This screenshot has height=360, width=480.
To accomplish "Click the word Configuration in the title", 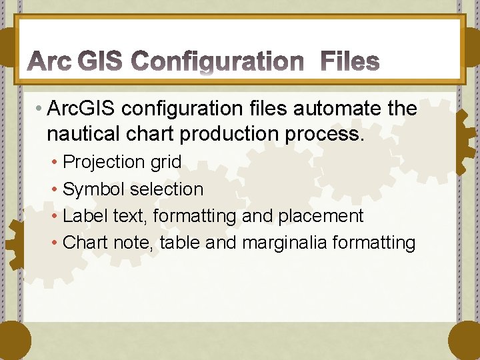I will pos(218,63).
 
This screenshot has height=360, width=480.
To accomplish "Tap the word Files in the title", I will pos(351,63).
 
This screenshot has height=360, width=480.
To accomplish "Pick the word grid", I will pos(165,162).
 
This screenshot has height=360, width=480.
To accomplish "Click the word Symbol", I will pos(93,189).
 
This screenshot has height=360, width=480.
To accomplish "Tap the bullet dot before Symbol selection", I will pos(55,190).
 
